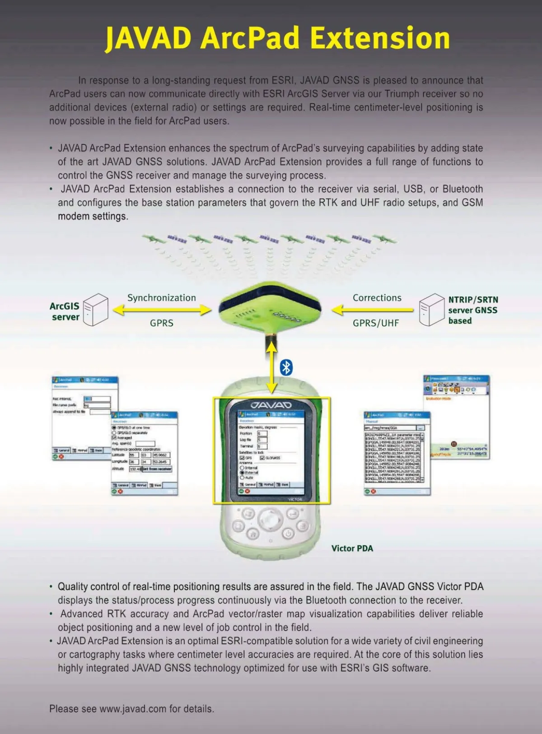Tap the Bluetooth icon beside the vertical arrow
point(286,367)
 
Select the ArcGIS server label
point(65,311)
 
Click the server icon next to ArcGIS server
point(96,310)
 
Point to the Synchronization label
point(162,298)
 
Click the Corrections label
point(377,298)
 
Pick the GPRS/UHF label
point(376,323)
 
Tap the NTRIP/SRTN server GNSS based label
point(473,310)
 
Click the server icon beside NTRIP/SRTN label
point(431,310)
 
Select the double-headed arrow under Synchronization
point(162,310)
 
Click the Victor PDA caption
point(352,548)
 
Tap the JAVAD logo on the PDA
point(271,405)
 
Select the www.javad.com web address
point(133,709)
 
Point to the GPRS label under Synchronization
point(162,323)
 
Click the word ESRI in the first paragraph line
point(283,80)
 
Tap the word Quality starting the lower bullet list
point(74,586)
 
